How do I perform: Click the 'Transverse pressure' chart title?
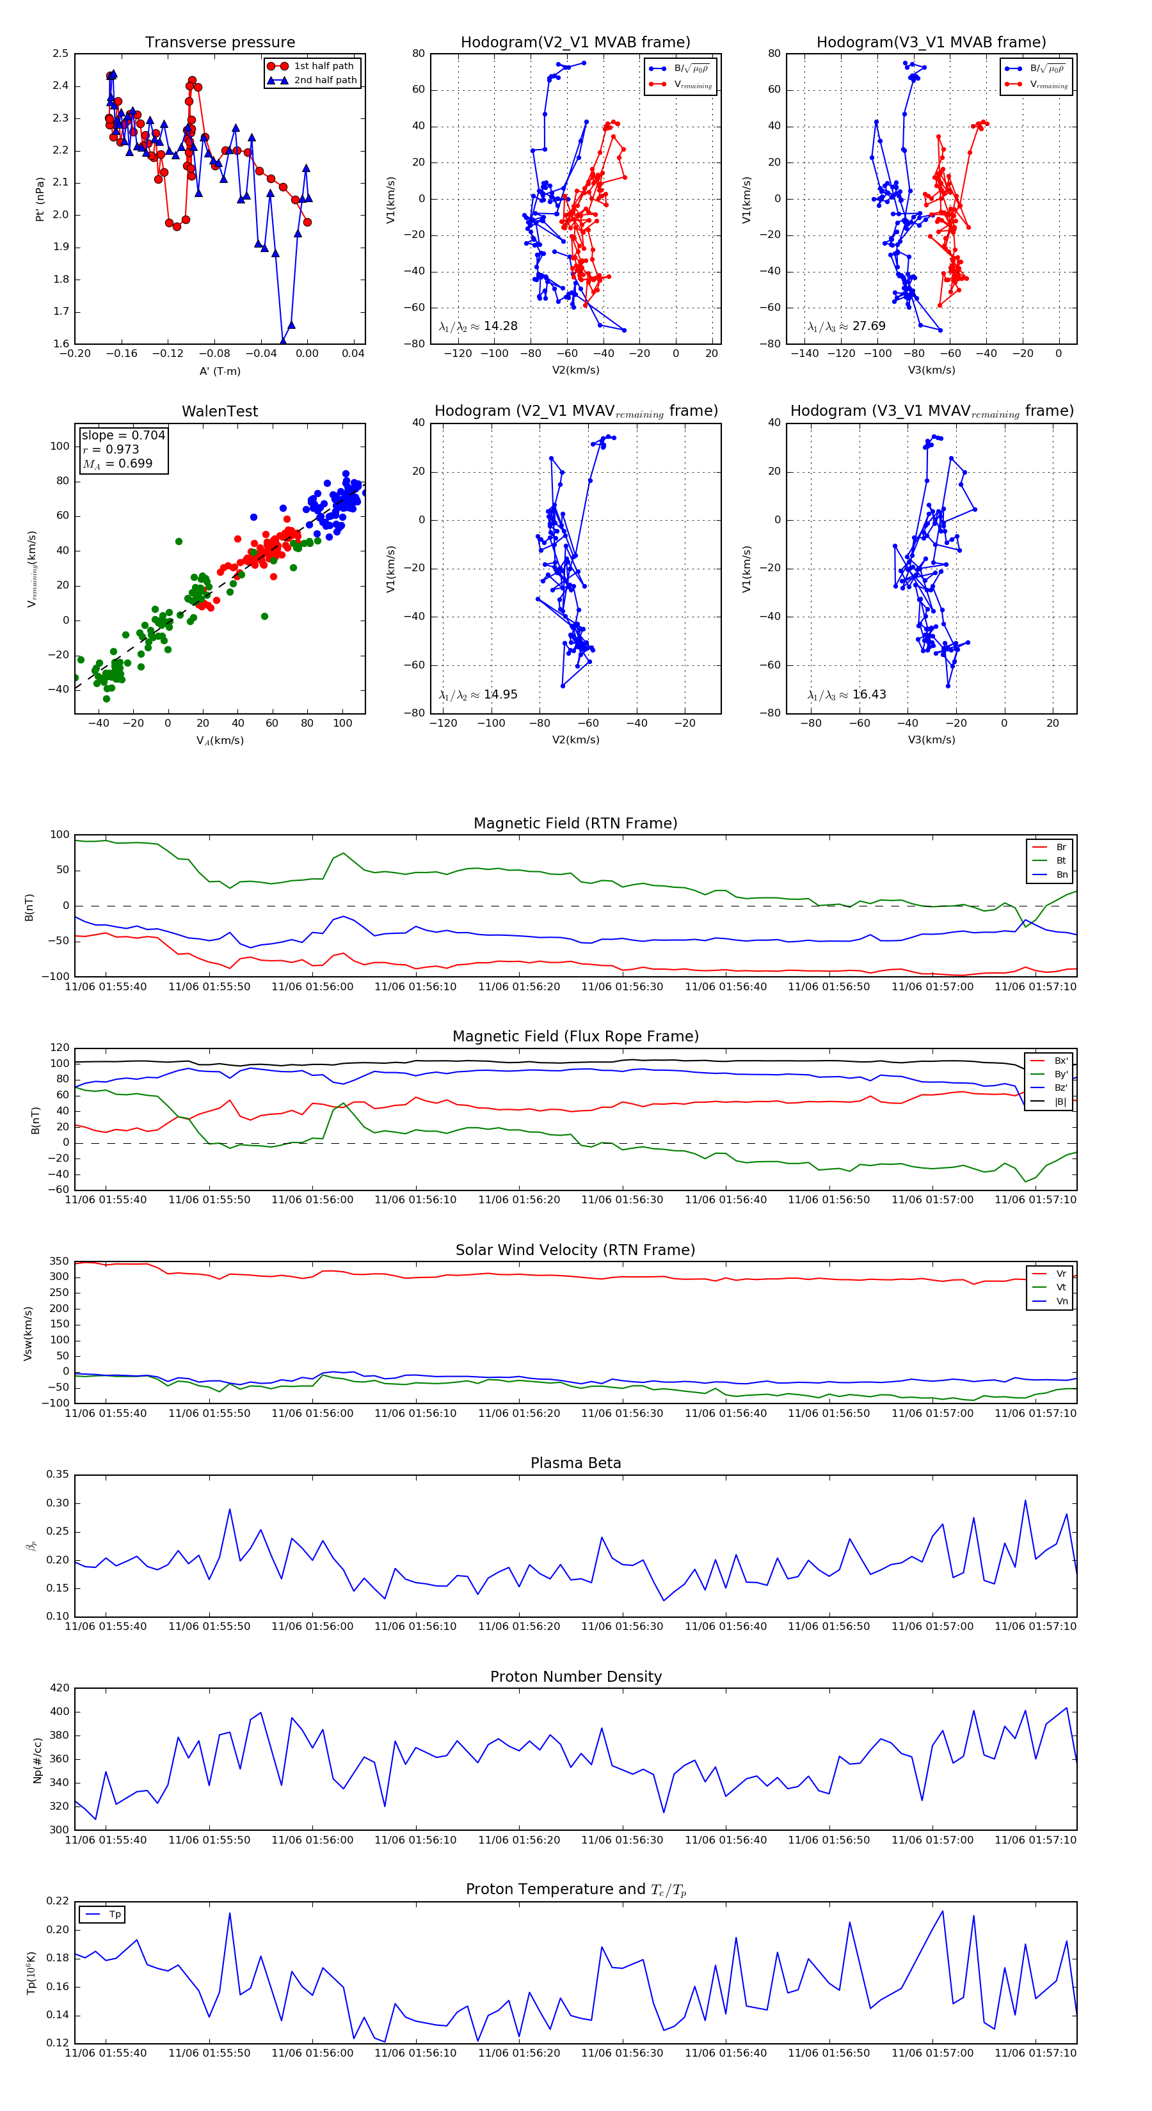(x=220, y=43)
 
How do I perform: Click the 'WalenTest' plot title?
(x=220, y=411)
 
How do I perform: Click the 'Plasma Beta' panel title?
(x=575, y=1463)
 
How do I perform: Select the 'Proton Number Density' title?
(x=575, y=1677)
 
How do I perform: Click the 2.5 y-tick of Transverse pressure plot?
(x=60, y=54)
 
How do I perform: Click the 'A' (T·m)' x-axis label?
(x=220, y=371)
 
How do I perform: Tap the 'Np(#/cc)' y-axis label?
(x=37, y=1759)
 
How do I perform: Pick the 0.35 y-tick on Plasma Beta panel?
(x=58, y=1475)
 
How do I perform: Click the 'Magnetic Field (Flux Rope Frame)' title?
(x=575, y=1037)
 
